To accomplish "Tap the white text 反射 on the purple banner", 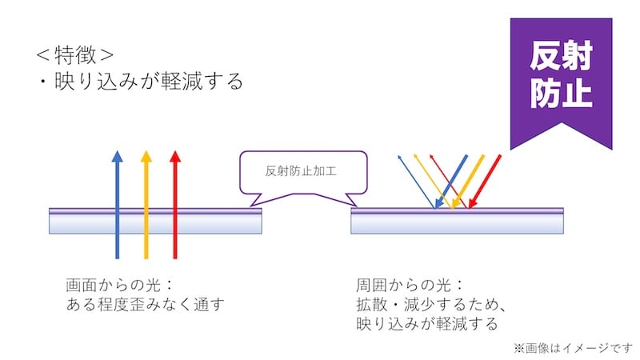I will pyautogui.click(x=561, y=57).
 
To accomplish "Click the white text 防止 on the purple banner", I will pyautogui.click(x=561, y=93).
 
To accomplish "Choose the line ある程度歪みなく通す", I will pyautogui.click(x=144, y=305).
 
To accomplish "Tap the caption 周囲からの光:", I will pyautogui.click(x=410, y=285).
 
